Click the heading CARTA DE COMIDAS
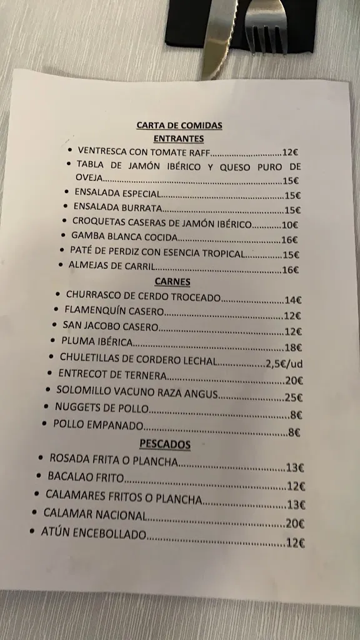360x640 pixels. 179,125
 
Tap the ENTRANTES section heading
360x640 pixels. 179,139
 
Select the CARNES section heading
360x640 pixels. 172,282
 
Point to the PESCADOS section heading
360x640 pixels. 165,444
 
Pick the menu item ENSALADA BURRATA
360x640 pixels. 118,207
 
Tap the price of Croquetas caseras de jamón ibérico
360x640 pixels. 290,225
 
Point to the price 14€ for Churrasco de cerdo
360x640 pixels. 293,300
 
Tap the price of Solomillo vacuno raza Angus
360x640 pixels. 294,397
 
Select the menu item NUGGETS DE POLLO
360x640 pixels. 102,408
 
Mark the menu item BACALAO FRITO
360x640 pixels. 86,477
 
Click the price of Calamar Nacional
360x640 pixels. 295,524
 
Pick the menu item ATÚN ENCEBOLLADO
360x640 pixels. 93,534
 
